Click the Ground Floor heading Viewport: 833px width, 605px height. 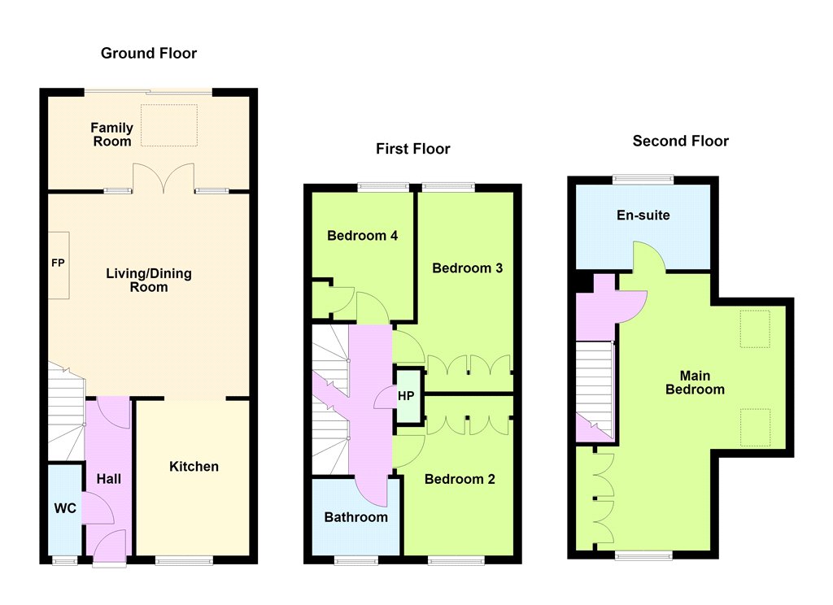pos(149,53)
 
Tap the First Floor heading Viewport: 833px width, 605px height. pos(412,149)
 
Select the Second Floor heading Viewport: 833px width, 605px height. pos(681,141)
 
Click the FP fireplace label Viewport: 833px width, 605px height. pos(58,263)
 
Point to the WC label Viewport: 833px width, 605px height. pos(65,508)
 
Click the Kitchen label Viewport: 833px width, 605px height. pos(194,467)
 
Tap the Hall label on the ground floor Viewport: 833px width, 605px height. pos(109,479)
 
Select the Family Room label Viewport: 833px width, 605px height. pos(111,134)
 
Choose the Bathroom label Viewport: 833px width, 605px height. pos(356,517)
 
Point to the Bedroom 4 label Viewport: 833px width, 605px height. pos(362,236)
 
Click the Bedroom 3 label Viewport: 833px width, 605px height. pos(468,268)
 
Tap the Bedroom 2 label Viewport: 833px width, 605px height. pos(460,479)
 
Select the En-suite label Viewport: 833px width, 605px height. pos(643,215)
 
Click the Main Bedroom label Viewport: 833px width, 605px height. pos(695,382)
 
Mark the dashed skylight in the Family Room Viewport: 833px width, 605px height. pos(169,125)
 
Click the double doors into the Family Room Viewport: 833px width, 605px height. pos(163,178)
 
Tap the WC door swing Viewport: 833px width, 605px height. pos(98,508)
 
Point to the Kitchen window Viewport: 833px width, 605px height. pos(184,559)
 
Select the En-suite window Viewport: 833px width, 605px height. pos(643,180)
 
